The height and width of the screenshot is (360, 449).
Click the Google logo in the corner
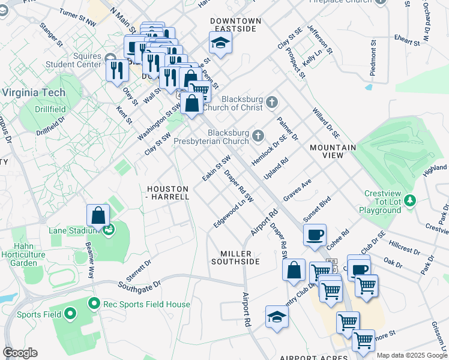(x=20, y=353)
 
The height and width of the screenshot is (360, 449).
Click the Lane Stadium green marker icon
(x=109, y=229)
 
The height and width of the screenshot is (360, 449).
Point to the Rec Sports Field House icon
(x=94, y=304)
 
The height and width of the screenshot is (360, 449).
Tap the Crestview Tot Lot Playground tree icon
(x=411, y=199)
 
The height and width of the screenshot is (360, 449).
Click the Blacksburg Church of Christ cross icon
(x=272, y=102)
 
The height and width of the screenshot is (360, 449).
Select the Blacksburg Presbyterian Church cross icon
(x=258, y=136)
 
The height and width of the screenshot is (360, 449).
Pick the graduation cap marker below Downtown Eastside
(x=220, y=43)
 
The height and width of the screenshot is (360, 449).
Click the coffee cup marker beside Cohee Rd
(x=314, y=235)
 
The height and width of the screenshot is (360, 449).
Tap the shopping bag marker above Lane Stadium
(x=98, y=215)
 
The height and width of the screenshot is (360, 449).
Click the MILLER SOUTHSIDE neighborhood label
(x=235, y=257)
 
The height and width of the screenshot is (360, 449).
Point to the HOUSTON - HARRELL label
(x=167, y=192)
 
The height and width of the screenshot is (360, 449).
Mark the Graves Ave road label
(x=298, y=190)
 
